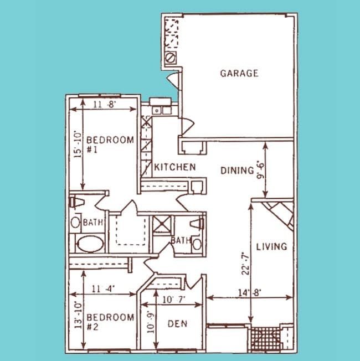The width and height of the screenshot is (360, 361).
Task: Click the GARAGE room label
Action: click(x=239, y=73)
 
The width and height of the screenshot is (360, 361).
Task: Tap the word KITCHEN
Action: click(x=174, y=167)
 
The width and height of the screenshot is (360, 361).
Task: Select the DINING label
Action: click(x=236, y=171)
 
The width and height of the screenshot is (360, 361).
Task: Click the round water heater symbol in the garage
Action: click(x=171, y=57)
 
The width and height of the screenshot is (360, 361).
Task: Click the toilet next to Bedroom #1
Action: click(x=76, y=202)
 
